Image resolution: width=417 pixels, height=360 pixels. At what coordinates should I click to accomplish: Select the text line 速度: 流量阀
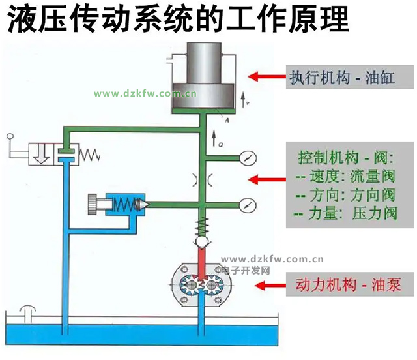[x=345, y=177]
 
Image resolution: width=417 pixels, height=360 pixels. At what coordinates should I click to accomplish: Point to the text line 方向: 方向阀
[x=345, y=194]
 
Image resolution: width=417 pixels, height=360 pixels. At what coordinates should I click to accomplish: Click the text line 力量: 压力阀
[x=345, y=213]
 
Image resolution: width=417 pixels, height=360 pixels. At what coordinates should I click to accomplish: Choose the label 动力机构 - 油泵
[x=347, y=285]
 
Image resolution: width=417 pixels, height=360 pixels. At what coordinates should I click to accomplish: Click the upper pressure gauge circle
[x=246, y=158]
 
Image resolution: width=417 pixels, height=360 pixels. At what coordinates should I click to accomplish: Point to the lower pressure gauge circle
[x=246, y=203]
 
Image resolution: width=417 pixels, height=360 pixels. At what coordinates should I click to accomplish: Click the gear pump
[x=202, y=284]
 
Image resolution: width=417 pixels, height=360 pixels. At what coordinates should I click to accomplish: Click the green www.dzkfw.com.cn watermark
[x=145, y=94]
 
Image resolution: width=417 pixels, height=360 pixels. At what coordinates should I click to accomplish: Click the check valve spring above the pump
[x=202, y=229]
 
